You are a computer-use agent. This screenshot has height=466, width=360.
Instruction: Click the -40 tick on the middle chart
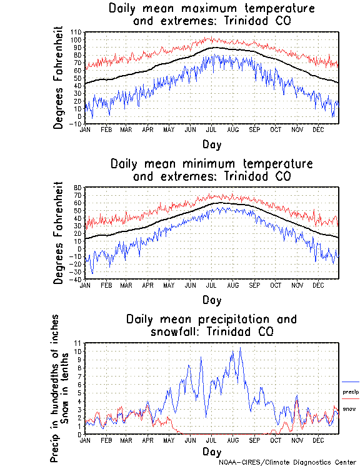(x=76, y=280)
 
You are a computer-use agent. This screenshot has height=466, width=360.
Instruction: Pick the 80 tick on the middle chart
(x=77, y=188)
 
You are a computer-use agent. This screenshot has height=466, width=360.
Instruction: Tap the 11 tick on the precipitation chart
(x=78, y=343)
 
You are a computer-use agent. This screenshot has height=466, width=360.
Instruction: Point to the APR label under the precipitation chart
(x=147, y=440)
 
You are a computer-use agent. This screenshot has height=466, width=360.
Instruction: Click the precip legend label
(x=351, y=392)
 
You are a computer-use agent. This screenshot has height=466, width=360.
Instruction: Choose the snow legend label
(x=349, y=409)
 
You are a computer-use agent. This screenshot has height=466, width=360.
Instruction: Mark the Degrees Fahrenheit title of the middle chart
(x=59, y=233)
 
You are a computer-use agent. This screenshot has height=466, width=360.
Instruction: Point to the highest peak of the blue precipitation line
(x=239, y=348)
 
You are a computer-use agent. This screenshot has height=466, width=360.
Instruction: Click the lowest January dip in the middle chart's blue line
(x=92, y=273)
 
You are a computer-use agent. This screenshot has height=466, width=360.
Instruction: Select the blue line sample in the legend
(x=351, y=382)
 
